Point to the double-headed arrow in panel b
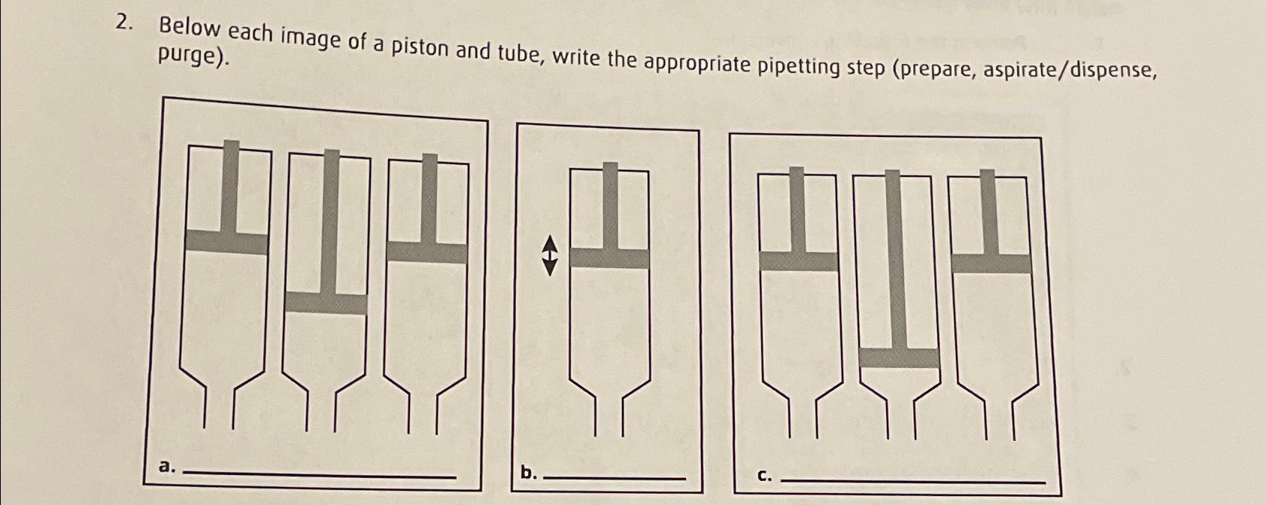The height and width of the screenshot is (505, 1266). pos(550,255)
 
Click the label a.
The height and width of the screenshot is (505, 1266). pos(166,467)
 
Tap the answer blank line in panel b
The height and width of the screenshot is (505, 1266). pos(614,478)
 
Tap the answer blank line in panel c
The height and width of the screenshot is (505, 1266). pos(913,480)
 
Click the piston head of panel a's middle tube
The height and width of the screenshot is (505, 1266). pos(326,303)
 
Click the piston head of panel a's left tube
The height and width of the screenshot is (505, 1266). pos(226,242)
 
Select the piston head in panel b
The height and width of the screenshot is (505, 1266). pos(609,258)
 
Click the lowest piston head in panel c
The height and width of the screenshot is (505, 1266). pos(899,357)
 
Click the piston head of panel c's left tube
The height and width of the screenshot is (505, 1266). pos(798,261)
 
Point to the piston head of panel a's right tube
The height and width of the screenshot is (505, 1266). pos(426,252)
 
